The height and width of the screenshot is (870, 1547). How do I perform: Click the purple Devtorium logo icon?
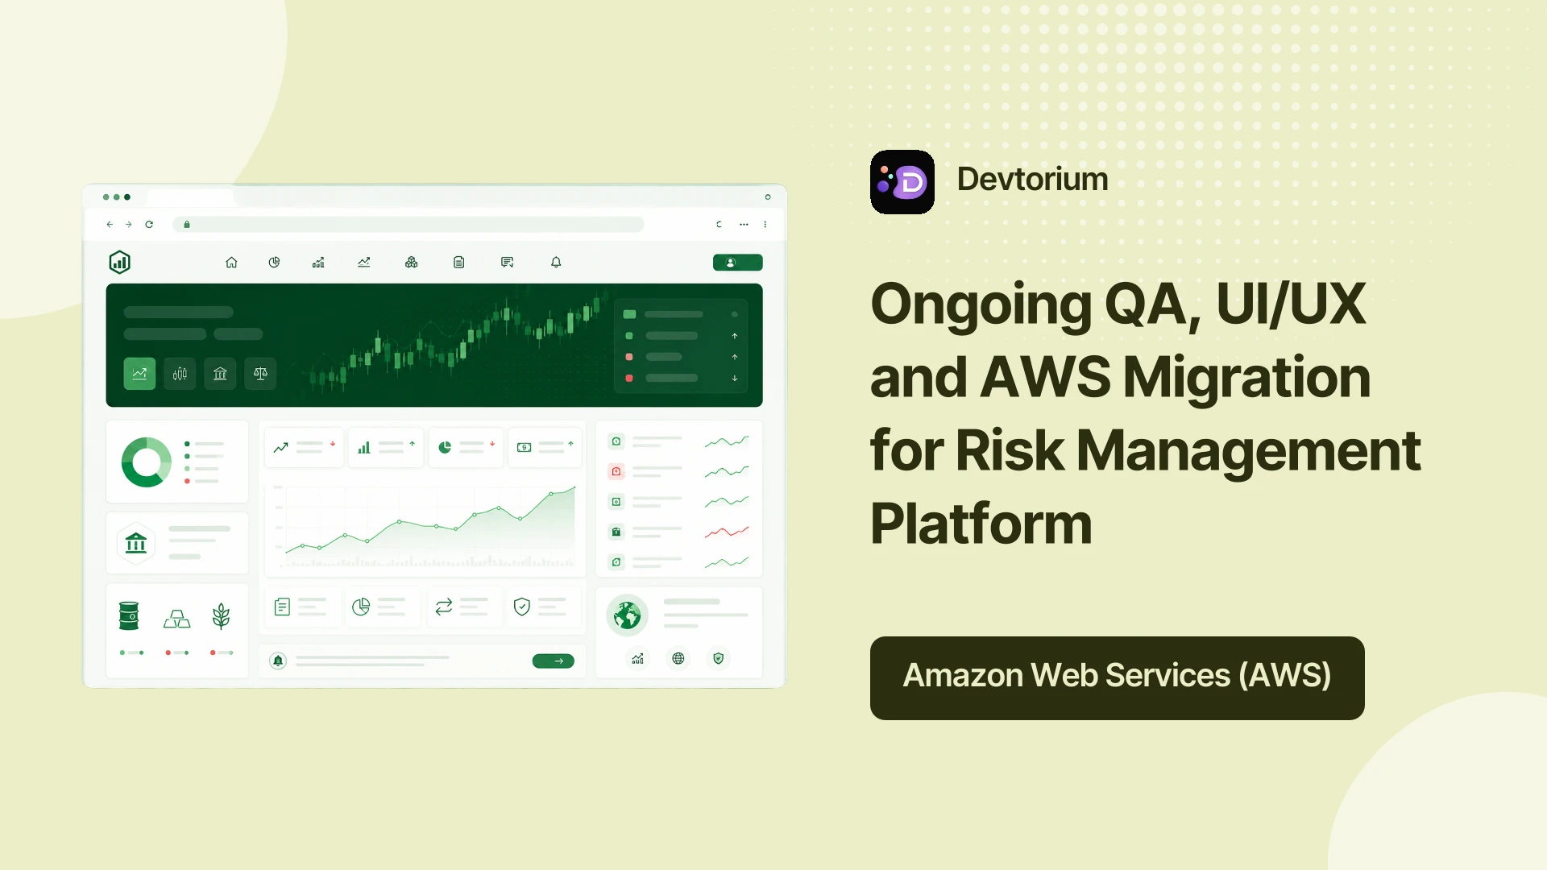pos(902,182)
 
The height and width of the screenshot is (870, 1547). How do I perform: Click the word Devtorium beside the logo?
pos(1032,179)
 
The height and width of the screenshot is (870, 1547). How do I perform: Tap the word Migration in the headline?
pos(1246,378)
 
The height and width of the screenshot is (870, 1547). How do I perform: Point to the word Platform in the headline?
pos(981,524)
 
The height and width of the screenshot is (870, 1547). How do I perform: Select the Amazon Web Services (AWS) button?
pos(1117,677)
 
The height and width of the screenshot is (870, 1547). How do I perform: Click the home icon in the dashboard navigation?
pos(231,263)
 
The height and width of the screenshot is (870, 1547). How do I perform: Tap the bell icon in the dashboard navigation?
pos(556,263)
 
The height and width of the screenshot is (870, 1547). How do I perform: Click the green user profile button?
pos(737,263)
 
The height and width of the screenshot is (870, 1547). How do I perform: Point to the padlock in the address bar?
pos(187,225)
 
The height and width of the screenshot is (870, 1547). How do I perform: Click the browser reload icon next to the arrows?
pos(149,225)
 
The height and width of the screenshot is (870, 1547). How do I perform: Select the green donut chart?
pos(147,462)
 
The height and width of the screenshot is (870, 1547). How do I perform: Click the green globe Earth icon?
pos(627,616)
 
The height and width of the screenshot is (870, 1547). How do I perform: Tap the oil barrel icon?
pos(129,616)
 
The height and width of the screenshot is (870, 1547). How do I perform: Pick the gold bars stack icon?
pos(177,619)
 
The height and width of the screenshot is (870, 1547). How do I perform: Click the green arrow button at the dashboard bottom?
pos(554,661)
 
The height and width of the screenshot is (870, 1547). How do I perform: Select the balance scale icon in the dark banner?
pos(260,374)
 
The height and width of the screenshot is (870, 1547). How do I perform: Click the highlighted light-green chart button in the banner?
pos(139,374)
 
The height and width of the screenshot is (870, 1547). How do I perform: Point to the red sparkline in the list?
pos(727,532)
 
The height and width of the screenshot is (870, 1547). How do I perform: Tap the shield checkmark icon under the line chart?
pos(522,607)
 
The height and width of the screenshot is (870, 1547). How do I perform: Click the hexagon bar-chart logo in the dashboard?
pos(119,262)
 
